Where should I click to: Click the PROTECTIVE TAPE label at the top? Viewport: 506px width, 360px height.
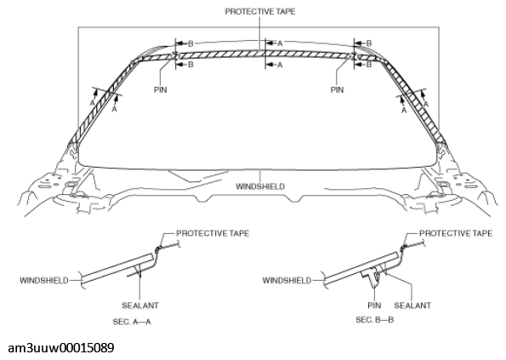click(260, 13)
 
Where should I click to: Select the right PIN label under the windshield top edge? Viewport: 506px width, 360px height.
click(338, 88)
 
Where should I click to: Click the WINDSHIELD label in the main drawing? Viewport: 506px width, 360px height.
click(259, 186)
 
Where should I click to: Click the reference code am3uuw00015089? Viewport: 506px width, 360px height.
click(62, 348)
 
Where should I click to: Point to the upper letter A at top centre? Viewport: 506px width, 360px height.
click(280, 43)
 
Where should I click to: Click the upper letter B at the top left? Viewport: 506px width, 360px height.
click(190, 43)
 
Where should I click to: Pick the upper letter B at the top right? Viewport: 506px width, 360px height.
click(367, 43)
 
